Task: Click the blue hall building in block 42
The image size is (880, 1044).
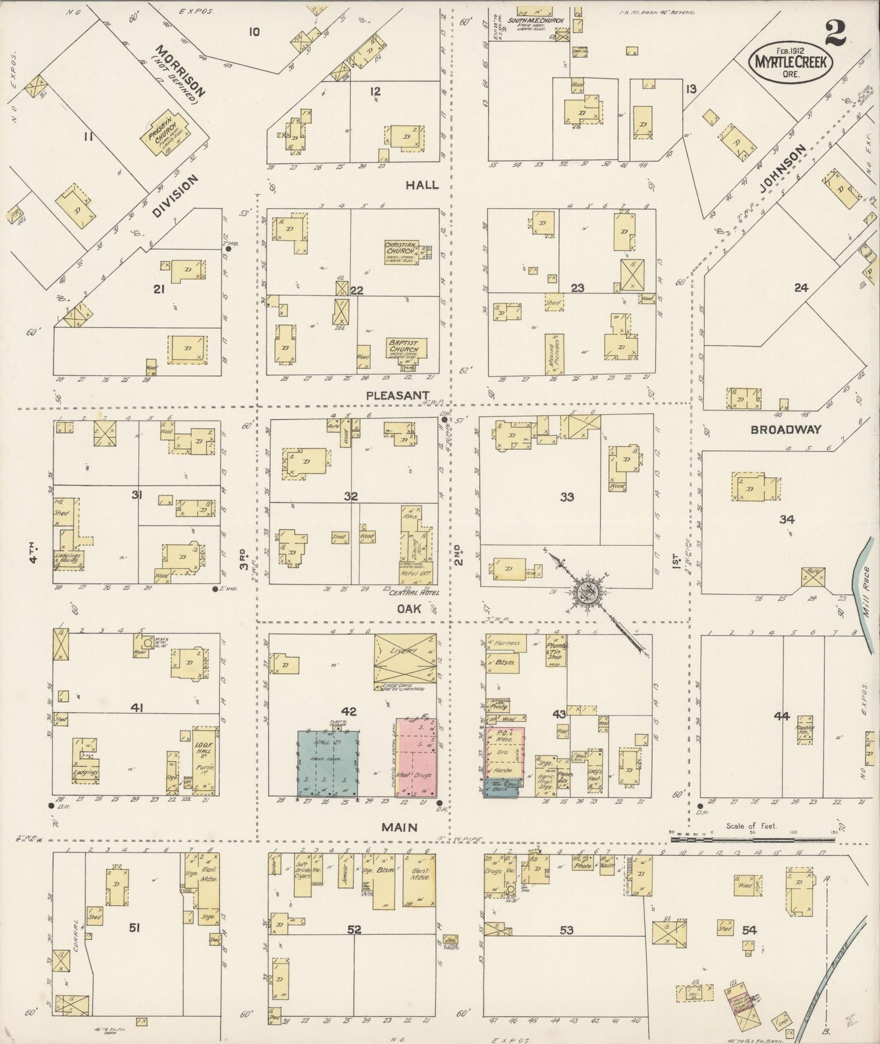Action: pyautogui.click(x=328, y=763)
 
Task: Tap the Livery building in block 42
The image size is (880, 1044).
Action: pyautogui.click(x=405, y=658)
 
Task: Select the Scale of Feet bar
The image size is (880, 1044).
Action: pyautogui.click(x=752, y=840)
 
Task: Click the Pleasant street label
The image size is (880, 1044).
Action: pyautogui.click(x=398, y=395)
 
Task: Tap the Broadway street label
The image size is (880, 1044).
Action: pyautogui.click(x=786, y=429)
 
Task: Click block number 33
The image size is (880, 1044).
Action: pyautogui.click(x=567, y=497)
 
